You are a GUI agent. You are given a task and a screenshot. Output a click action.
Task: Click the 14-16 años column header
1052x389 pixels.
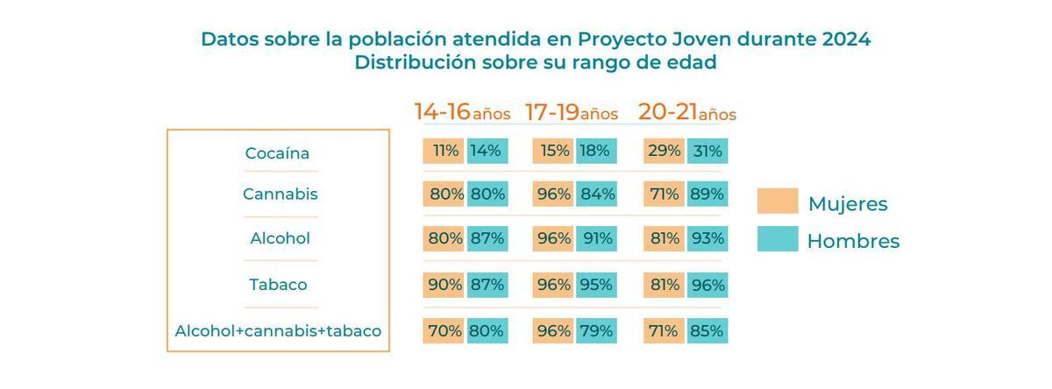(462, 113)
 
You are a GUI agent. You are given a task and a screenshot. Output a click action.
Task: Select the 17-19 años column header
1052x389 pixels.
(572, 113)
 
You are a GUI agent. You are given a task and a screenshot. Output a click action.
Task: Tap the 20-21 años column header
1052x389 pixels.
(686, 113)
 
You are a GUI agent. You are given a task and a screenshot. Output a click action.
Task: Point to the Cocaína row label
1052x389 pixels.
(277, 153)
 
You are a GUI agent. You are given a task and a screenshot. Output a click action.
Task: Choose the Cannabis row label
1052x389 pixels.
(280, 194)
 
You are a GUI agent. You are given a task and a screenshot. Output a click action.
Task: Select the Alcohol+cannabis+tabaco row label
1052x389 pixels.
(278, 331)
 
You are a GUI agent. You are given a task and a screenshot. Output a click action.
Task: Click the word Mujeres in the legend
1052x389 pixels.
(847, 204)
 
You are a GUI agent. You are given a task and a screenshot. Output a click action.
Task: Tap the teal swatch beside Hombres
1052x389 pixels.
(778, 239)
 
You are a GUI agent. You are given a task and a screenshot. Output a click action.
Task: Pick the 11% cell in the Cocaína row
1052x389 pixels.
(444, 151)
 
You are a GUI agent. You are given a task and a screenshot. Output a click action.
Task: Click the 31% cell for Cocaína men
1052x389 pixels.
(707, 151)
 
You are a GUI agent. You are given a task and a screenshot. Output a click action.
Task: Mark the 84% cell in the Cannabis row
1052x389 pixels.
(597, 194)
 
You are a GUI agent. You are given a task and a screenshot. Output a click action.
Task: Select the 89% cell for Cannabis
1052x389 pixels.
(707, 194)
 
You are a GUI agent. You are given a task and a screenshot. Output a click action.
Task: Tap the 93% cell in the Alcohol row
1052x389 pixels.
(707, 238)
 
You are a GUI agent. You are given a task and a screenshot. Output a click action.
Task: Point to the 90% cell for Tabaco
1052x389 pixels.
(444, 285)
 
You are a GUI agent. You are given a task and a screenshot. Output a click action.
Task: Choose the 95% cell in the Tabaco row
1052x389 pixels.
(597, 285)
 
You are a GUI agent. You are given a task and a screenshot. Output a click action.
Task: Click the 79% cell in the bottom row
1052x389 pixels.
(597, 331)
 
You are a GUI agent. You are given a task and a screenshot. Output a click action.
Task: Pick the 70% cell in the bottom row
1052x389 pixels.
(444, 331)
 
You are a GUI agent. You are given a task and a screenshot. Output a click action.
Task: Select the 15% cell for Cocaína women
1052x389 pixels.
(554, 151)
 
